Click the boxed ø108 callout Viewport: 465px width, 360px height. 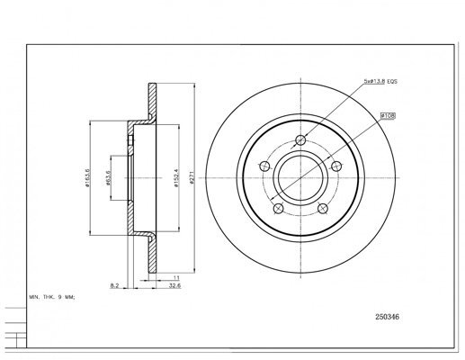(x=388, y=115)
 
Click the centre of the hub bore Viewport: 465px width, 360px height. (x=302, y=175)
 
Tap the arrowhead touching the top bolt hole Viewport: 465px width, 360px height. (x=307, y=135)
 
